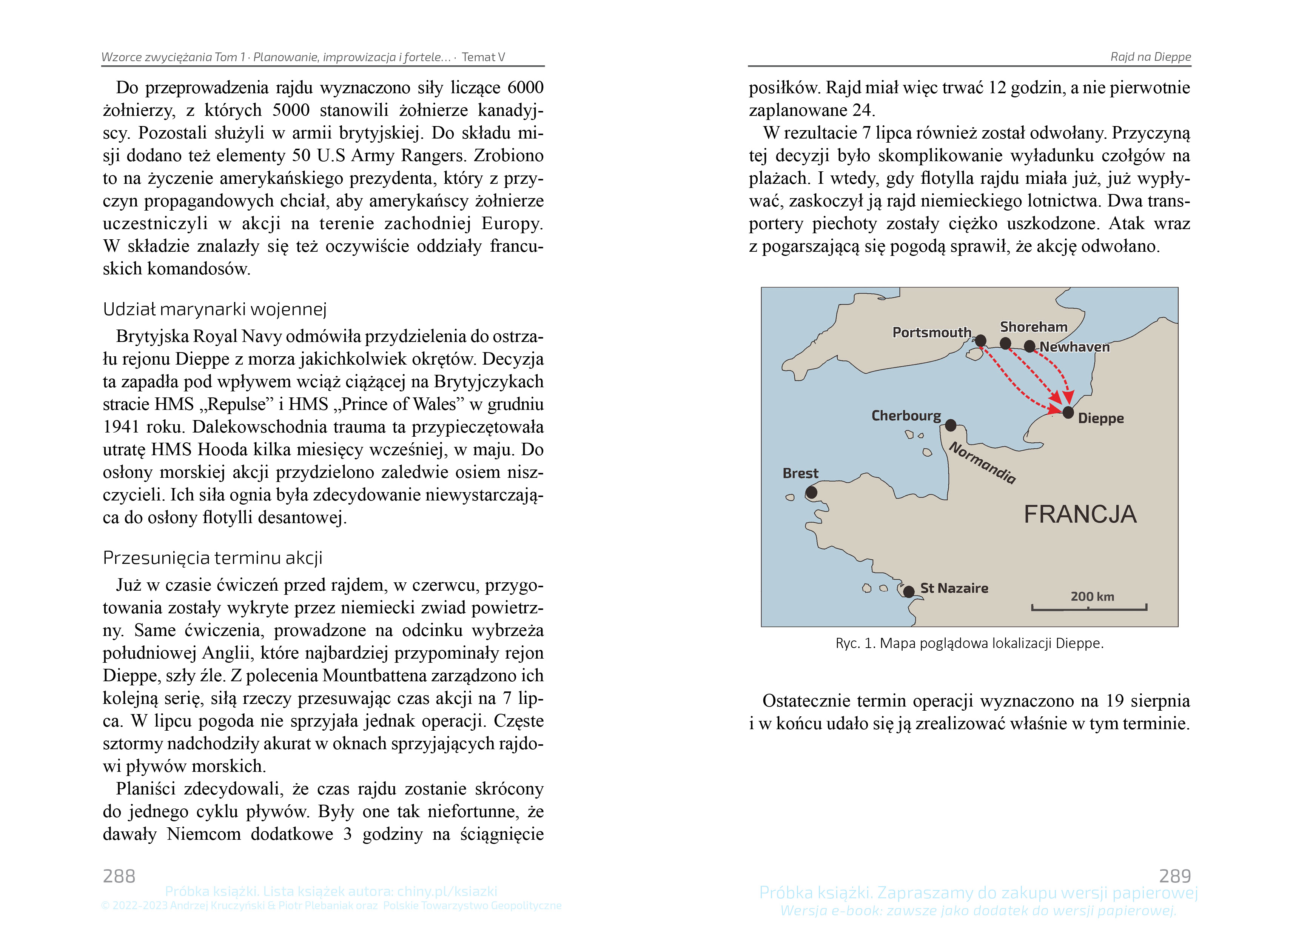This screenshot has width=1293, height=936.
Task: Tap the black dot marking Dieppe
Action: (x=1068, y=412)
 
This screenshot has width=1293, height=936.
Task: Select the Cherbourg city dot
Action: (x=950, y=425)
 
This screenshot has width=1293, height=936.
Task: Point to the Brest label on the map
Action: (x=800, y=473)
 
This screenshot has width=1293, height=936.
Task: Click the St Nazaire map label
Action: (x=954, y=588)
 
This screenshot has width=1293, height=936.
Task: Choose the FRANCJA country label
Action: (x=1080, y=514)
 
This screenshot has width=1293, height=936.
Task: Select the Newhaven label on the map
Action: (x=1075, y=346)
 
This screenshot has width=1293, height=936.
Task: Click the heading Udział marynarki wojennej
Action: (x=214, y=309)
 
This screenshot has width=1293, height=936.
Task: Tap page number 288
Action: (x=119, y=876)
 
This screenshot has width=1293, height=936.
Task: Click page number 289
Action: (x=1174, y=876)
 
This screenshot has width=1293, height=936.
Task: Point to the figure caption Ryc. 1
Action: (x=969, y=643)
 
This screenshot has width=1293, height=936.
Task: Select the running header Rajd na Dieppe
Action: (x=1150, y=57)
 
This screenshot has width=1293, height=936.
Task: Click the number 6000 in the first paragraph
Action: (x=525, y=88)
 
